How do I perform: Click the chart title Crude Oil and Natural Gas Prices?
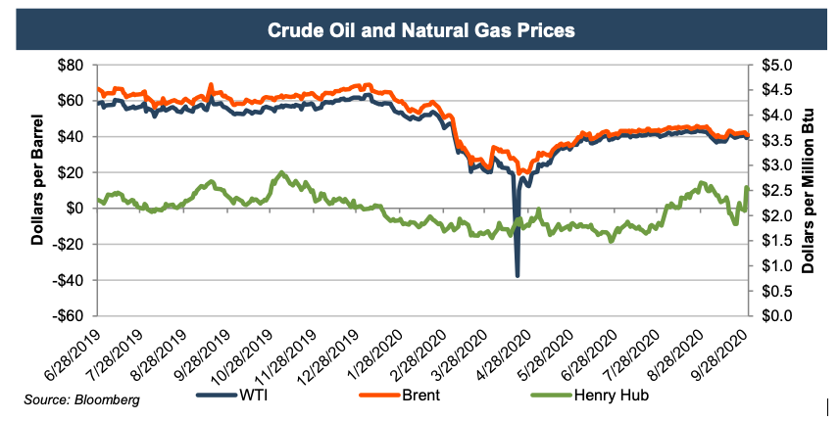[420, 30]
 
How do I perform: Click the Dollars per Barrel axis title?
[38, 190]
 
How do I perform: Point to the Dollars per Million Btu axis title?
[811, 190]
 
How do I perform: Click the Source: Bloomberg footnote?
[81, 399]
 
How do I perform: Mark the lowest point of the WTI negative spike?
[517, 276]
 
